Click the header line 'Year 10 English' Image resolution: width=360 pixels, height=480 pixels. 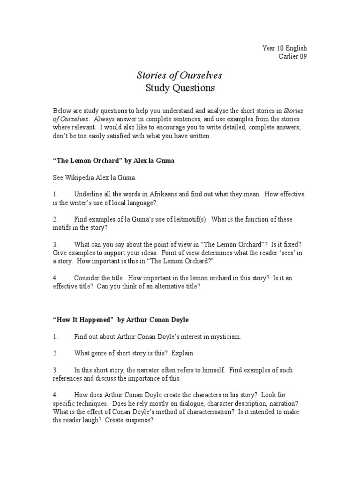tap(285, 48)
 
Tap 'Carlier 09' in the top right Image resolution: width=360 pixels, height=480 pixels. tap(292, 57)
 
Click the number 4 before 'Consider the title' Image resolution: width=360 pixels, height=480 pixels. tap(55, 277)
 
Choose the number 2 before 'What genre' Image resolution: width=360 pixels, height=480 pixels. tap(55, 353)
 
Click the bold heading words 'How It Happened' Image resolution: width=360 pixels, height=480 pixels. tap(83, 319)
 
